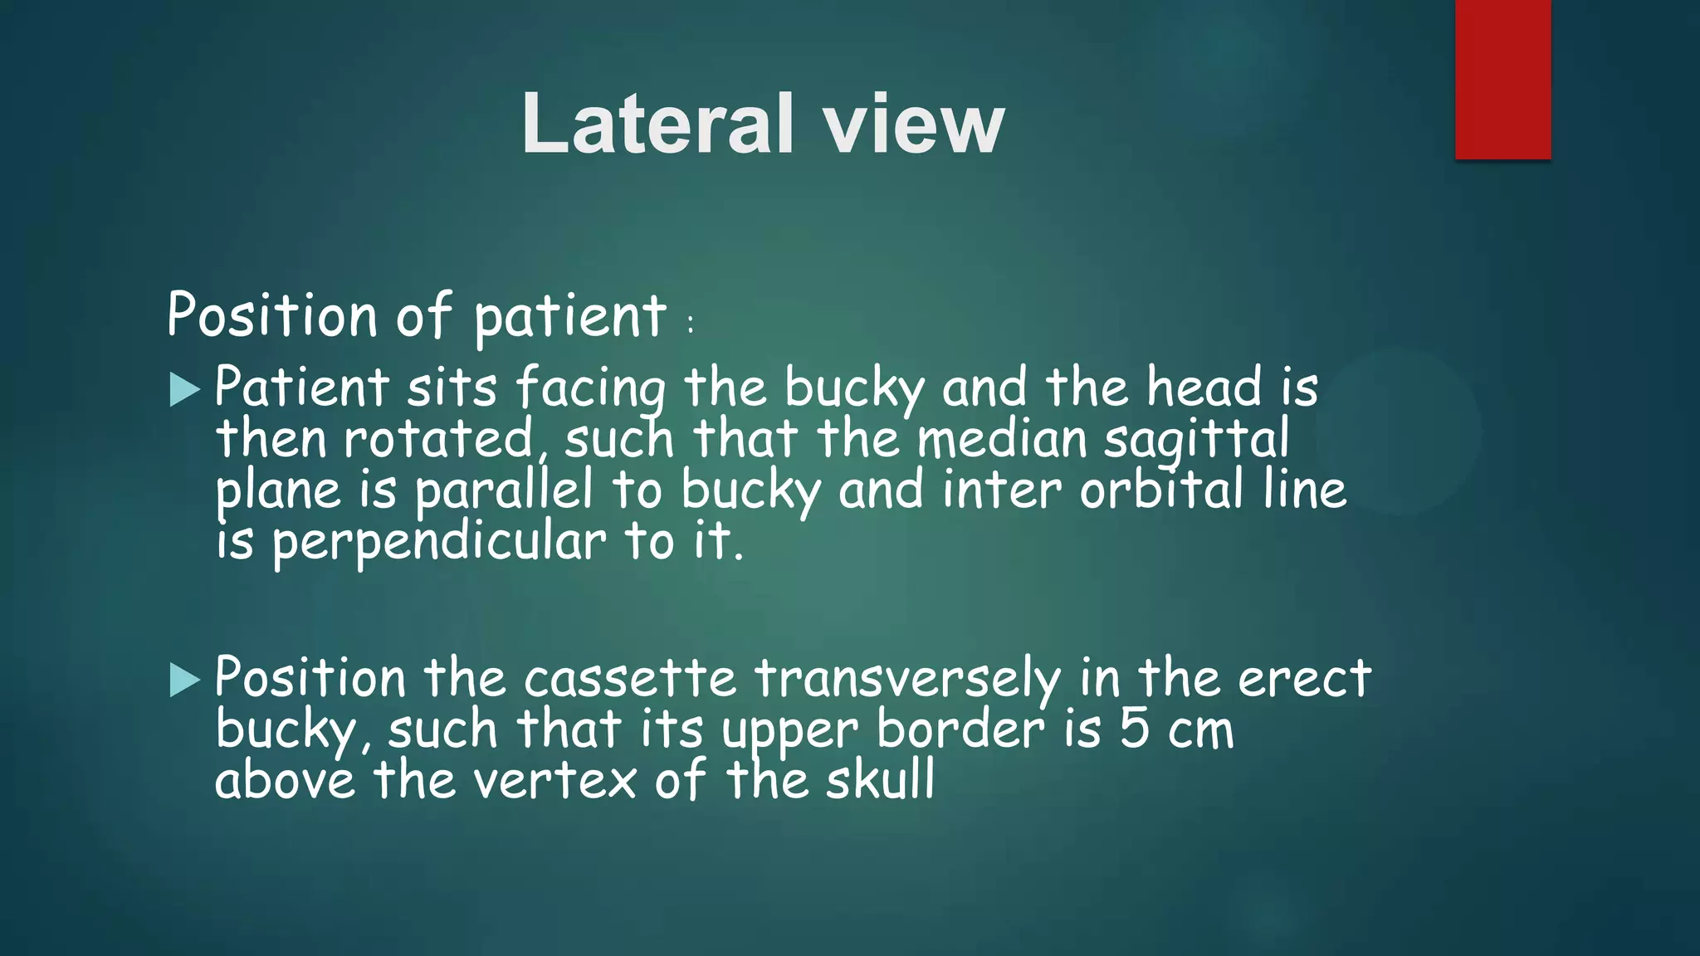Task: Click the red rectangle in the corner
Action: pos(1502,80)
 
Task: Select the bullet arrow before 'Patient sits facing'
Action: pos(184,389)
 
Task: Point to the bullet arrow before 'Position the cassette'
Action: pos(184,680)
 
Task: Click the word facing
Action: pos(590,388)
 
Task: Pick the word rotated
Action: pos(437,439)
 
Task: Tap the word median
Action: pos(1002,439)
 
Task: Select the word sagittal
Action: pos(1196,439)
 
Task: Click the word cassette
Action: pos(630,679)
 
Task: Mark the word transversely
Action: pos(907,679)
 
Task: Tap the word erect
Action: pos(1304,679)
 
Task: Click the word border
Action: pos(960,729)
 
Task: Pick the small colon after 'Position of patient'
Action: pos(691,324)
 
